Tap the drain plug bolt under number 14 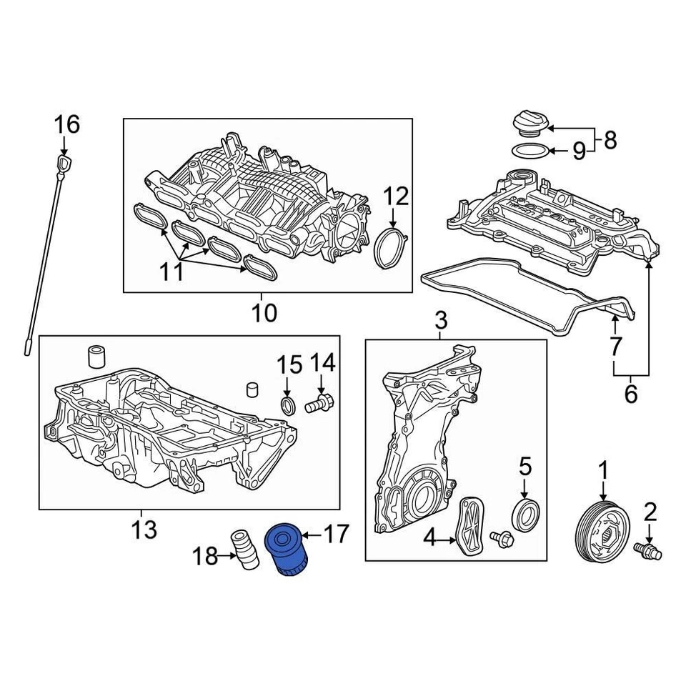[319, 405]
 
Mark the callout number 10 [264, 312]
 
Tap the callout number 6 [630, 393]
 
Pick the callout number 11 [171, 272]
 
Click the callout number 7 [615, 347]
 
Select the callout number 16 [67, 125]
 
